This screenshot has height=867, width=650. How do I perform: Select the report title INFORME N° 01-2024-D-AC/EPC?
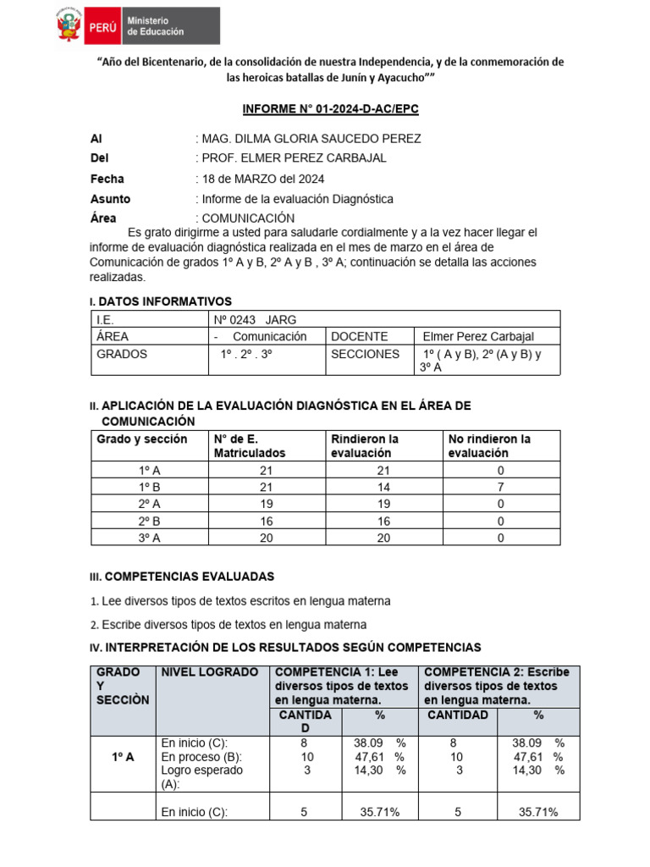point(331,110)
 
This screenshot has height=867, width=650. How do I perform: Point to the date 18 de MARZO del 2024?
point(262,179)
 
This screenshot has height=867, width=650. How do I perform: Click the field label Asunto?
point(110,199)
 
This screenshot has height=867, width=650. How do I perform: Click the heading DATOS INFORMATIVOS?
point(165,301)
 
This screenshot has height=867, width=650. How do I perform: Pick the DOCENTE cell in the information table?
point(360,336)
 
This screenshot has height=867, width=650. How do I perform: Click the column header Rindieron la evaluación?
point(365,445)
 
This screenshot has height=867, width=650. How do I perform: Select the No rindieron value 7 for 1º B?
point(500,487)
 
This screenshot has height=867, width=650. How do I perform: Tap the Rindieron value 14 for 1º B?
point(383,487)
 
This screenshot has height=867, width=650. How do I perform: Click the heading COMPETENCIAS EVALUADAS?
point(187,577)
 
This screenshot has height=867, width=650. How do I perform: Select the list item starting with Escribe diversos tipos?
point(234,625)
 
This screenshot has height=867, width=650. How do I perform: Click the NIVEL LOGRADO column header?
point(210,672)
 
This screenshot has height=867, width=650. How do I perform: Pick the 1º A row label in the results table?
point(123,757)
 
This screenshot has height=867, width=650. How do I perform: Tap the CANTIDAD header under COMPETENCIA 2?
point(457,715)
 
